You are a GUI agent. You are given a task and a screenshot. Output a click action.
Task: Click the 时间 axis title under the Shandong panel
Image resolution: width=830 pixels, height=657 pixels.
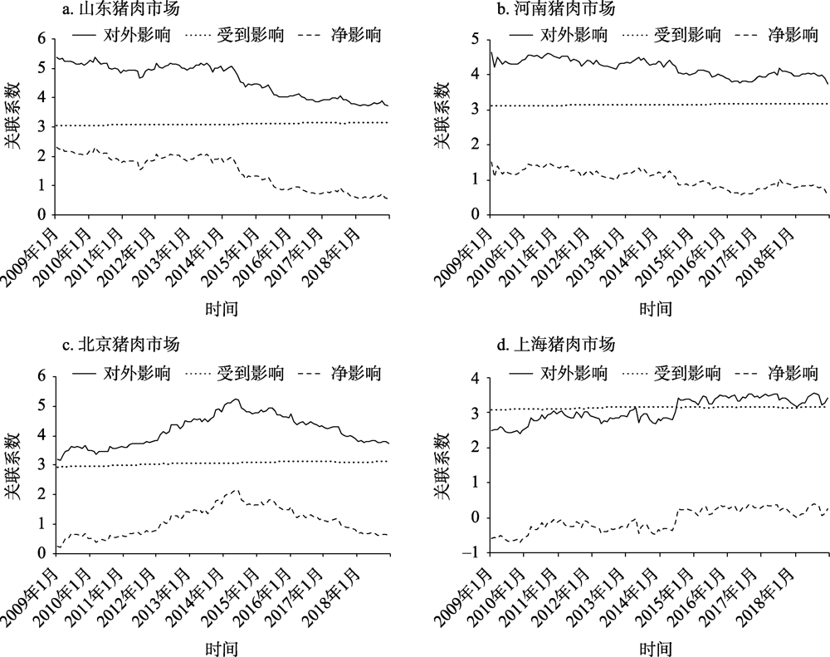(222, 310)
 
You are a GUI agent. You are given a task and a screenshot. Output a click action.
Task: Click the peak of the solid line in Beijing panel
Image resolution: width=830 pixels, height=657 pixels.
(236, 400)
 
